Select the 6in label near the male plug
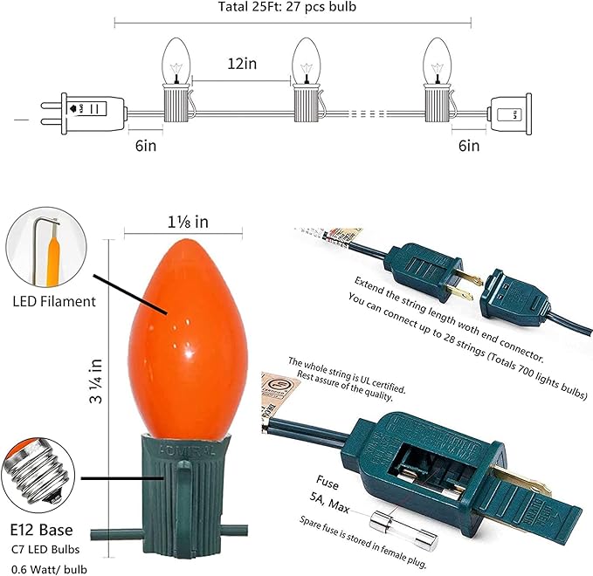[x=146, y=145]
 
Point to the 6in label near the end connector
[x=468, y=145]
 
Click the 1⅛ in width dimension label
[x=182, y=223]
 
